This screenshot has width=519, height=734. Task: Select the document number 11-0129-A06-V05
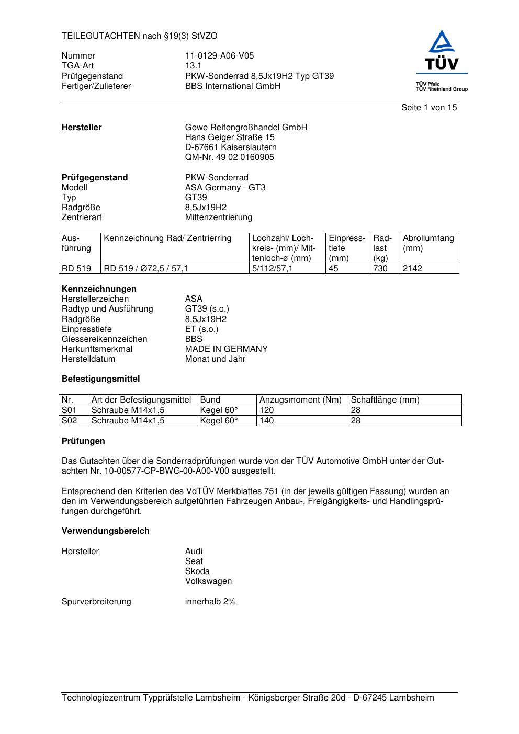tap(219, 56)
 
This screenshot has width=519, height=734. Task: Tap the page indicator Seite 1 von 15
tap(428, 108)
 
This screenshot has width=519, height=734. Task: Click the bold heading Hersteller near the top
tap(82, 128)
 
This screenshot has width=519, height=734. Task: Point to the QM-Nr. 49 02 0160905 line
tap(229, 157)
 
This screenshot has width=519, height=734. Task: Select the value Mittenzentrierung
tap(218, 217)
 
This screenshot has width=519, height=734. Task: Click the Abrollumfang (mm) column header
tap(428, 243)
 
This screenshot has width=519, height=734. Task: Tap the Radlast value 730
tap(380, 269)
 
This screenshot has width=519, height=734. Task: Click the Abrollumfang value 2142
tap(412, 269)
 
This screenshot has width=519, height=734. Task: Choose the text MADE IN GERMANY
tap(226, 349)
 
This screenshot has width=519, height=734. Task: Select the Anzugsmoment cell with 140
tap(267, 421)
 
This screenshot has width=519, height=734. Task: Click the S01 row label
tap(69, 410)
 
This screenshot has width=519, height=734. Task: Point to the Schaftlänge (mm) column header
tap(385, 400)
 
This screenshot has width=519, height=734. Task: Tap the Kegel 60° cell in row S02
tap(219, 421)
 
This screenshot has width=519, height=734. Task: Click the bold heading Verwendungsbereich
tap(105, 531)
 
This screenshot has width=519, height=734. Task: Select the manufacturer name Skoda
tap(197, 571)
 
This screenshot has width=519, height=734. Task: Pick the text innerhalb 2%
tap(210, 602)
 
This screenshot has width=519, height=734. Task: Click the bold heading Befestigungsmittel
tap(100, 379)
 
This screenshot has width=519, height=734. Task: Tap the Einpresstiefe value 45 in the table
tap(333, 269)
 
